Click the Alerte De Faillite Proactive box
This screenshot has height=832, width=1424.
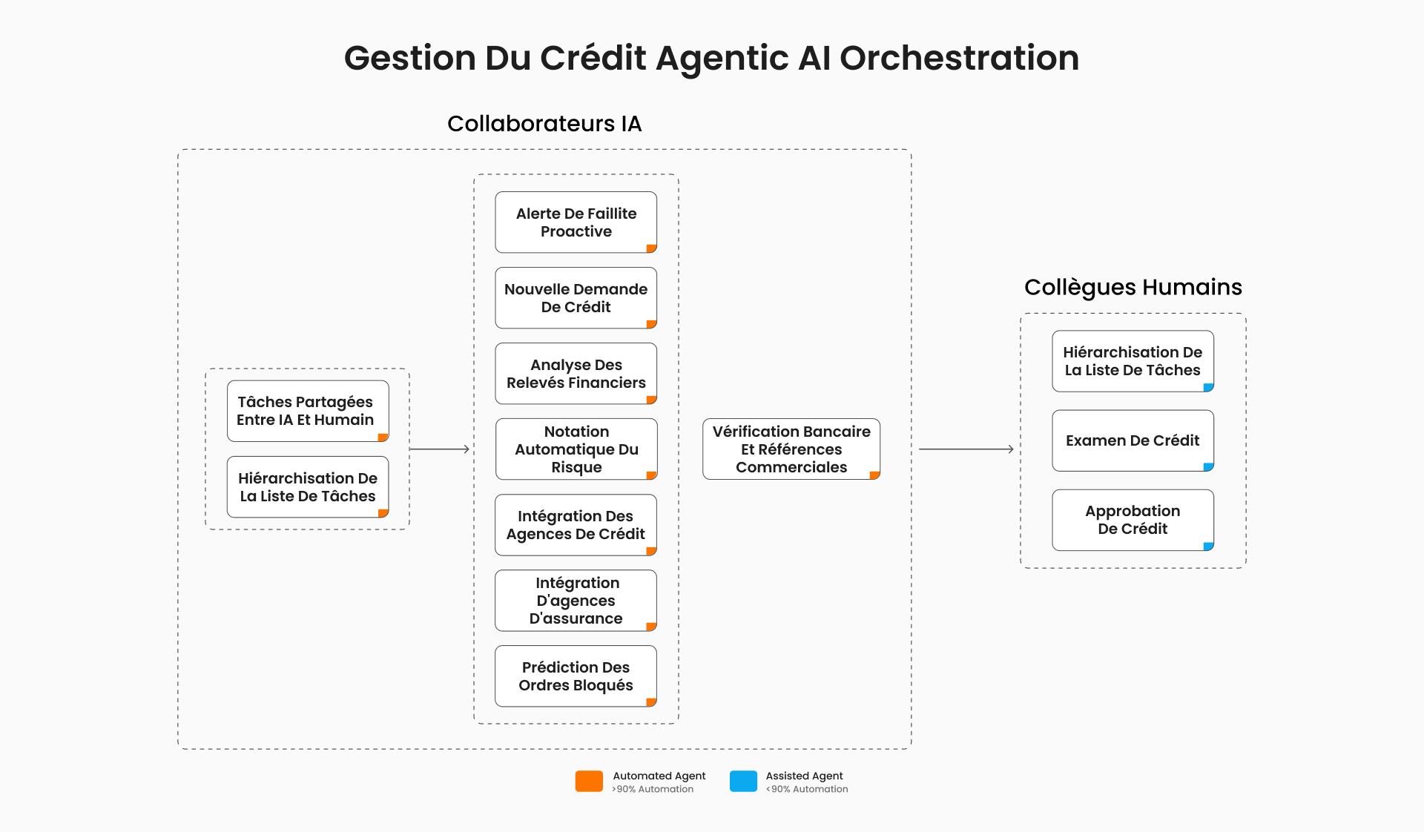(576, 222)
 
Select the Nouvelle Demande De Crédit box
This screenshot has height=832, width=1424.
(576, 298)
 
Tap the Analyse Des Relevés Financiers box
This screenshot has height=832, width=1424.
(576, 374)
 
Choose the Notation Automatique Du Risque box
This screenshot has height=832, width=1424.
(576, 449)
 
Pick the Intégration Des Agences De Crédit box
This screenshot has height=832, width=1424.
(576, 525)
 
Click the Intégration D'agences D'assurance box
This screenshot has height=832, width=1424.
(576, 601)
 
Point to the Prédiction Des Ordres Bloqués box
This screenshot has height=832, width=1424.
(576, 676)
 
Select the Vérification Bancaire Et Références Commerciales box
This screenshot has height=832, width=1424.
(791, 449)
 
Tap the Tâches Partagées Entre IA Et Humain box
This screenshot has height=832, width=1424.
(308, 412)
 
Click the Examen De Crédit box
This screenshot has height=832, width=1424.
(1133, 440)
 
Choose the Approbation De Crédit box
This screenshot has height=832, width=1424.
(1133, 520)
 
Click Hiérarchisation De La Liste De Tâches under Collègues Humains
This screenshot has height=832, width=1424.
(1133, 361)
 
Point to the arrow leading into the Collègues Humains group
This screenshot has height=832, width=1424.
(966, 449)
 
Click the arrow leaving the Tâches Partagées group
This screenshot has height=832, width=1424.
(440, 449)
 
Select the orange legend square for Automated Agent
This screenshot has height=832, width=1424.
(589, 782)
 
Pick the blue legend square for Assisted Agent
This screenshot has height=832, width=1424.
(743, 782)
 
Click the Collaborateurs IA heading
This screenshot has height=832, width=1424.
(544, 123)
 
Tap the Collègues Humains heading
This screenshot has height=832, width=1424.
(1133, 287)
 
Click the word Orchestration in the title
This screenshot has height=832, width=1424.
(959, 58)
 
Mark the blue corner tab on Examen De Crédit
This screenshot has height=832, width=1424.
(1209, 467)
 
